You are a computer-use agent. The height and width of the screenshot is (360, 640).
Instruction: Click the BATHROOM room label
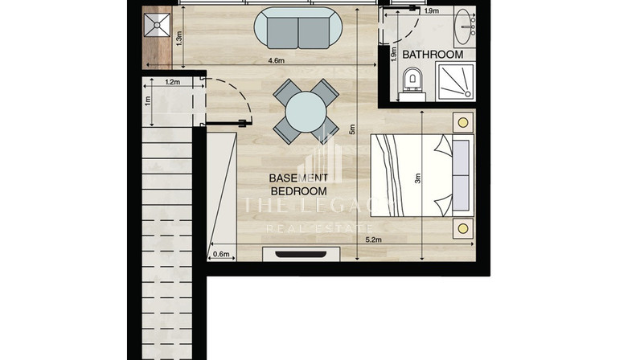[433, 55]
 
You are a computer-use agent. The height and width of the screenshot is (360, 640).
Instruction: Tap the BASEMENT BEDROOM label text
[299, 185]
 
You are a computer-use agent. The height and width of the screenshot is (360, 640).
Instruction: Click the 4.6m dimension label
[276, 60]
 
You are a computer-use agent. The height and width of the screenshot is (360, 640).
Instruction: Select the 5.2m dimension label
[374, 239]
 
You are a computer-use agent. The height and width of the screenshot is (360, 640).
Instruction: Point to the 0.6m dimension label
[221, 254]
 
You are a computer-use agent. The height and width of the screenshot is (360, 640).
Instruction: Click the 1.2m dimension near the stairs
[172, 82]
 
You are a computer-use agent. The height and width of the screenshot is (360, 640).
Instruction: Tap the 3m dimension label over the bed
[417, 178]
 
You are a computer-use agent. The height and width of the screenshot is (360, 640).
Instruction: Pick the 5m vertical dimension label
[352, 129]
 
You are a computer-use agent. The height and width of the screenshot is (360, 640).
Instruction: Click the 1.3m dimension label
[178, 39]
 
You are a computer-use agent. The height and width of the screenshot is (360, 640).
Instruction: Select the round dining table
[306, 112]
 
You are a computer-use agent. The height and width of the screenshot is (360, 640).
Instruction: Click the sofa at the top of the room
[297, 28]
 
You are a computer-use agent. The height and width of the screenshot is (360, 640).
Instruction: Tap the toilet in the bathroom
[412, 84]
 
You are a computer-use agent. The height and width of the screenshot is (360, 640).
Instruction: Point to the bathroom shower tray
[456, 82]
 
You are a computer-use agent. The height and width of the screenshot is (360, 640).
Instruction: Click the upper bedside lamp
[463, 122]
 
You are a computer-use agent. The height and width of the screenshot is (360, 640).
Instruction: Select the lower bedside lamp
[463, 228]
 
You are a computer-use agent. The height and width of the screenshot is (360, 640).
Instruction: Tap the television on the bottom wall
[301, 254]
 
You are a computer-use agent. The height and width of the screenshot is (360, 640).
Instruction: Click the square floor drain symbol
[157, 25]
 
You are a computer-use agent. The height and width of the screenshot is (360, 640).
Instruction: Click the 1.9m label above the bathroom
[432, 11]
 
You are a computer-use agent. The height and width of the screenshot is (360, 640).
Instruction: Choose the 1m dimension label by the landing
[147, 100]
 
